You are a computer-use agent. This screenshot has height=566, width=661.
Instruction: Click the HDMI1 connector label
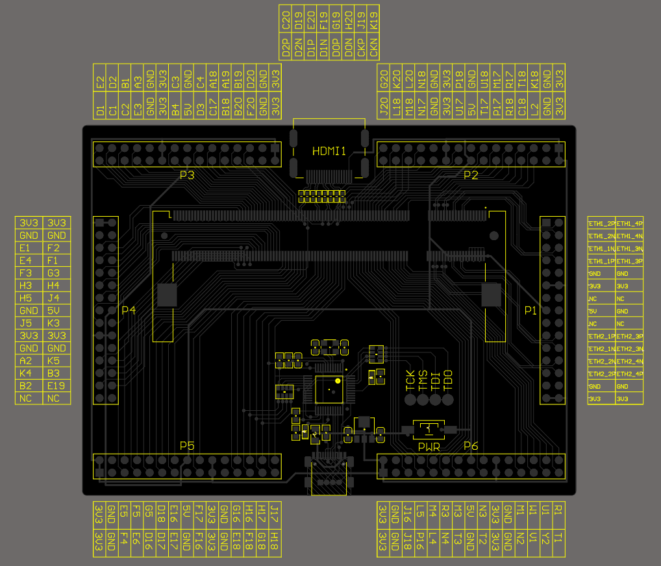tap(329, 151)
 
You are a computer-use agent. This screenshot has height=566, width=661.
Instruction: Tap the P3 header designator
tap(187, 175)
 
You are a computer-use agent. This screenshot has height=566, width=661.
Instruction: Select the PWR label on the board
tap(429, 447)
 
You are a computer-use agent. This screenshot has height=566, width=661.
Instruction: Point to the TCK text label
tap(410, 380)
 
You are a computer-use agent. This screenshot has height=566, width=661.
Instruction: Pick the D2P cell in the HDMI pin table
tap(286, 47)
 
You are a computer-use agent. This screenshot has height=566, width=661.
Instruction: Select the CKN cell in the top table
tap(373, 47)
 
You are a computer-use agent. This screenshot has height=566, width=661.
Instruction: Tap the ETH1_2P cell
tap(601, 223)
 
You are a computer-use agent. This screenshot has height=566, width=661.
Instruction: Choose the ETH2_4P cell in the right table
tap(629, 374)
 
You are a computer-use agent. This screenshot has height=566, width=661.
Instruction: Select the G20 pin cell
tap(383, 77)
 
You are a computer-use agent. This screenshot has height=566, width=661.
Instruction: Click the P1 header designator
tap(530, 311)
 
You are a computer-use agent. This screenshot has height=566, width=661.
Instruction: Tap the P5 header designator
tap(187, 446)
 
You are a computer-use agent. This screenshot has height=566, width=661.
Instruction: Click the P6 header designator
tap(471, 446)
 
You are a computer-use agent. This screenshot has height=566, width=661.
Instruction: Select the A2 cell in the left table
tap(25, 361)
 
